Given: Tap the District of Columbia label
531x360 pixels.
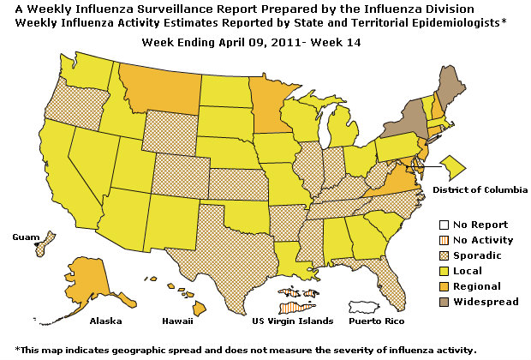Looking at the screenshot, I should pos(479,189).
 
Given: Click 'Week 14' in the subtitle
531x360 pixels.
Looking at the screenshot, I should pos(324,42).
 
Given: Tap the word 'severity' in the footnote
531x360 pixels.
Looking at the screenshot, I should pos(360,350).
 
